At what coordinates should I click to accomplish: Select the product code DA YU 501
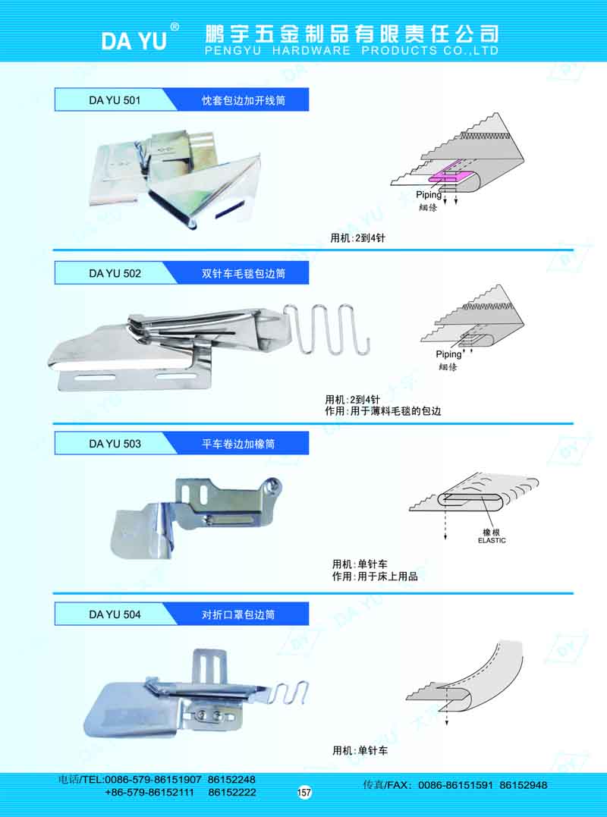[x=115, y=100]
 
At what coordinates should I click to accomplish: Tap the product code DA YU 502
[x=115, y=273]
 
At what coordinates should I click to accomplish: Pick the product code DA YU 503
[x=115, y=444]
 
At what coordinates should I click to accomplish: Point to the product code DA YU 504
[x=115, y=614]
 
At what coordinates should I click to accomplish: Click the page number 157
[x=303, y=793]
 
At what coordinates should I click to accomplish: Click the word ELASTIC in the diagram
[x=492, y=540]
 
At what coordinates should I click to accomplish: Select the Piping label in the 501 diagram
[x=428, y=195]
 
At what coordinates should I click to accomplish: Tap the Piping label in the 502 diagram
[x=448, y=354]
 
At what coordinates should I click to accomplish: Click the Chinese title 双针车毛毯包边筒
[x=244, y=273]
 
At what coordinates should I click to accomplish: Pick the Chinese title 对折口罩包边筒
[x=238, y=614]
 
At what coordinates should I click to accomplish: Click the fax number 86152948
[x=523, y=784]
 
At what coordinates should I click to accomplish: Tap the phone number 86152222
[x=231, y=792]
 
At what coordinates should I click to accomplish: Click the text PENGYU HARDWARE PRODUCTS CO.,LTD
[x=352, y=51]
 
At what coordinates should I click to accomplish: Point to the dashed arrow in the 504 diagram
[x=446, y=713]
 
